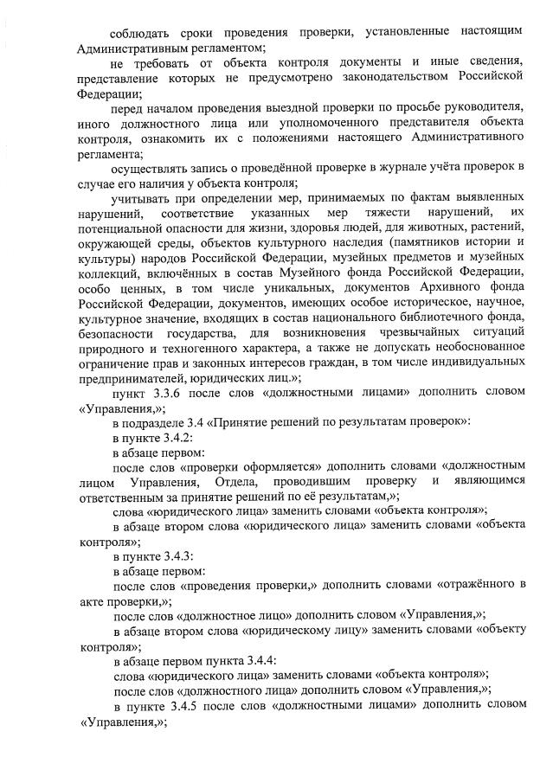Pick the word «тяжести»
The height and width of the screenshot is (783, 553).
coord(393,213)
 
